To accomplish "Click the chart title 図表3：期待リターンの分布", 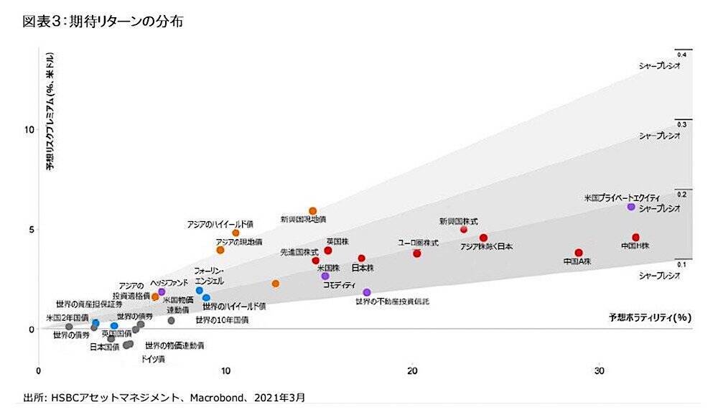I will point(103,22).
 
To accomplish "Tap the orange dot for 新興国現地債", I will point(312,211).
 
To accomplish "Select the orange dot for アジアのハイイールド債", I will point(236,233).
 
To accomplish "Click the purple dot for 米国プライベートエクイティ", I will point(631,207).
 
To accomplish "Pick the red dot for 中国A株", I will point(579,253).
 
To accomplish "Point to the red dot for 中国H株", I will point(635,238).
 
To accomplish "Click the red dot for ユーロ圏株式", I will point(416,253).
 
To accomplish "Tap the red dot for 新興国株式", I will point(463,230).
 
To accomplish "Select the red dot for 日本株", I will point(362,258).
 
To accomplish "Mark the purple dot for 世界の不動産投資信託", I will point(367,292).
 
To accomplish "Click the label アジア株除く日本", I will point(486,247).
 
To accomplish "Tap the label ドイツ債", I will point(153,358).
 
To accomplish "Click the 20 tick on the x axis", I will point(411,371).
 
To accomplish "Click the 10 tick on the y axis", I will point(30,130).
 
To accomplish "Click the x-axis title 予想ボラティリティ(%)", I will point(649,317).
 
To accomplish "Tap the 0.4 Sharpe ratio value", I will point(681,55).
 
